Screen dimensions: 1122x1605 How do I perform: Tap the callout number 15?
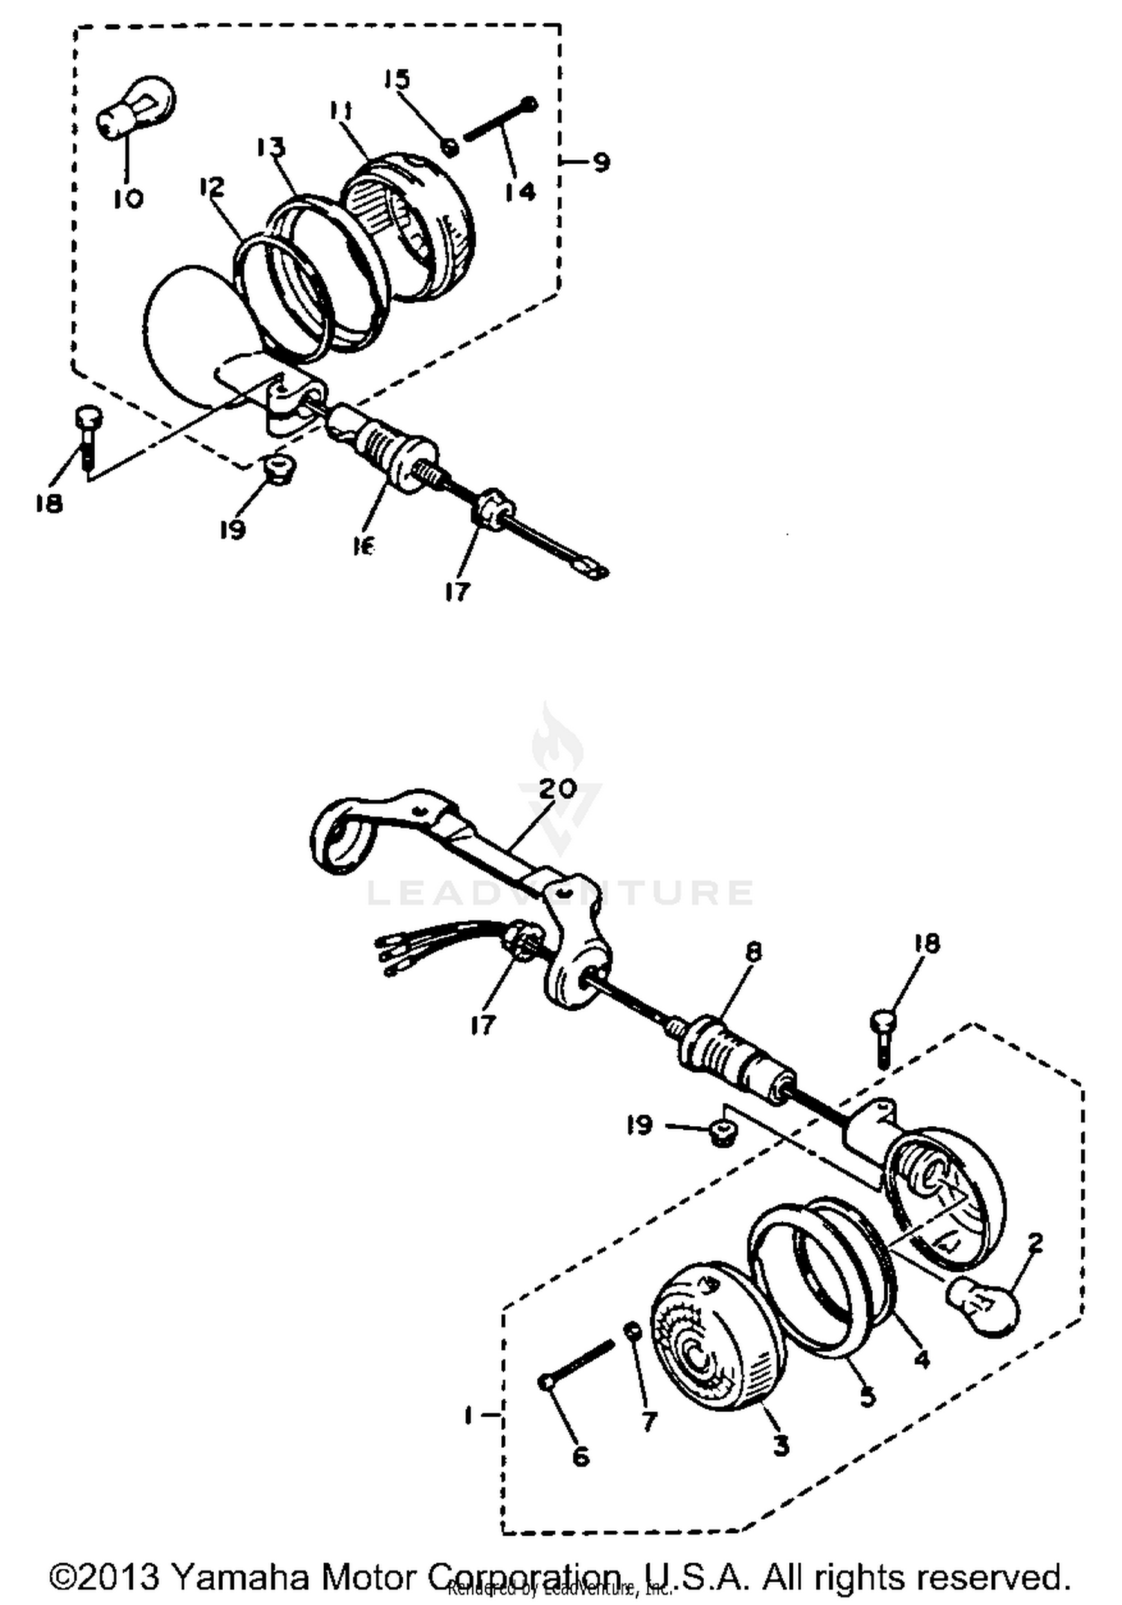click(398, 79)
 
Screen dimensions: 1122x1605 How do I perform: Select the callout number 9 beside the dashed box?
click(601, 162)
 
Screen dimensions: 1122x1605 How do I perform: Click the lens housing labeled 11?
click(419, 224)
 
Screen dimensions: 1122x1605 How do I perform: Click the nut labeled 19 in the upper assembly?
click(279, 469)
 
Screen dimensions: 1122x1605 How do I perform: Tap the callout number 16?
click(364, 547)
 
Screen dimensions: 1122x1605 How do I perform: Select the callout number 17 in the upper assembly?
click(457, 592)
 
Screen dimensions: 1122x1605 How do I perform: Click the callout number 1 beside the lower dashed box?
click(467, 1416)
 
